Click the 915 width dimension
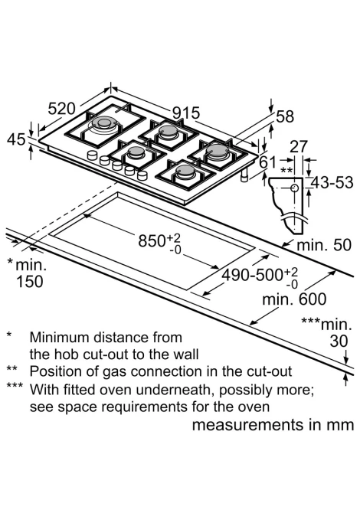186,113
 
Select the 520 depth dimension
61,109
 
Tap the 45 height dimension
16,139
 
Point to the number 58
285,117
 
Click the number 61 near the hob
267,162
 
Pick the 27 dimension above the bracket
299,146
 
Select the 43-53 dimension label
332,182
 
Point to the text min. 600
294,299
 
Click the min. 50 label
324,245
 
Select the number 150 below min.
29,282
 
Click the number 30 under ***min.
339,341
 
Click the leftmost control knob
93,155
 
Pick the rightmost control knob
142,175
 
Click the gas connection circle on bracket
294,188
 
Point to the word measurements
248,425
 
